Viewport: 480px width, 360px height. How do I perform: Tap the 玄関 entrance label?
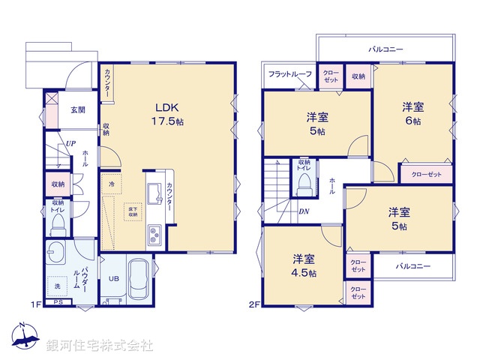[78, 109]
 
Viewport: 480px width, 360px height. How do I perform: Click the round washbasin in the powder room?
[55, 253]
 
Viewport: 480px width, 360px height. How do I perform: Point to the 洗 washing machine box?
[56, 286]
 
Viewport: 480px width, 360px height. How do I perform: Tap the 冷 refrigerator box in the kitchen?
[111, 184]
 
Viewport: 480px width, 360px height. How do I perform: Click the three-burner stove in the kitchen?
[154, 236]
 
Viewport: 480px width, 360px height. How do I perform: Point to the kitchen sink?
[153, 196]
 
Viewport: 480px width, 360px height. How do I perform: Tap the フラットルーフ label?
[289, 74]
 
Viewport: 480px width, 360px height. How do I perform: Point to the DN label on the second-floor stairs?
[304, 211]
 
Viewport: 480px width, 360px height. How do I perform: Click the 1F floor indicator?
[34, 304]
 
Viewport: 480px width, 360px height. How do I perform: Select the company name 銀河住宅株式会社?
[99, 346]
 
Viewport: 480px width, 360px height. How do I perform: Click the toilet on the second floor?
[304, 187]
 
